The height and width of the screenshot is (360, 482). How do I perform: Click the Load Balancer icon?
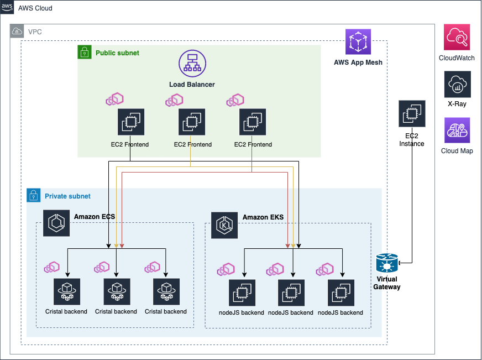click(x=191, y=64)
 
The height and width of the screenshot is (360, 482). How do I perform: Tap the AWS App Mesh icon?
click(x=358, y=42)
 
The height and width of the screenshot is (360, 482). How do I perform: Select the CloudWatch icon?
click(x=457, y=37)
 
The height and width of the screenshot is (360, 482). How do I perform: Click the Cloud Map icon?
click(x=457, y=130)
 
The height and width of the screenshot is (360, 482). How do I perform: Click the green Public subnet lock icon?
click(x=84, y=52)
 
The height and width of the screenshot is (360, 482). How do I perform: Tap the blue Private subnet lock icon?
click(x=33, y=195)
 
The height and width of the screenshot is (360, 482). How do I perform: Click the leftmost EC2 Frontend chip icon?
click(x=130, y=122)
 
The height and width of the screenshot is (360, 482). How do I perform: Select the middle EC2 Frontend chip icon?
click(x=192, y=122)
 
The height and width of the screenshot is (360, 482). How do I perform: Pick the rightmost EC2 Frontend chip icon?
click(x=253, y=122)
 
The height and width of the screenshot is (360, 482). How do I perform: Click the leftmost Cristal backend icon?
click(x=67, y=291)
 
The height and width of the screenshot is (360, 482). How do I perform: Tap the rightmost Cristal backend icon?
click(x=166, y=291)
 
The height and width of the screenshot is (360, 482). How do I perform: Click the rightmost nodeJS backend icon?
click(x=340, y=293)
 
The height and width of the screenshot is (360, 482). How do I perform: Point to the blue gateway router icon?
click(x=387, y=263)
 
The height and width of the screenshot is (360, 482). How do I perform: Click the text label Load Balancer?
click(x=192, y=85)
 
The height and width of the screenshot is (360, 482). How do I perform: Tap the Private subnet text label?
click(x=67, y=196)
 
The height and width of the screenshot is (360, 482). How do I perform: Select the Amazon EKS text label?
click(x=263, y=217)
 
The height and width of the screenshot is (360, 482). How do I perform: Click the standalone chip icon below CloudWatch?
click(x=412, y=113)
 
